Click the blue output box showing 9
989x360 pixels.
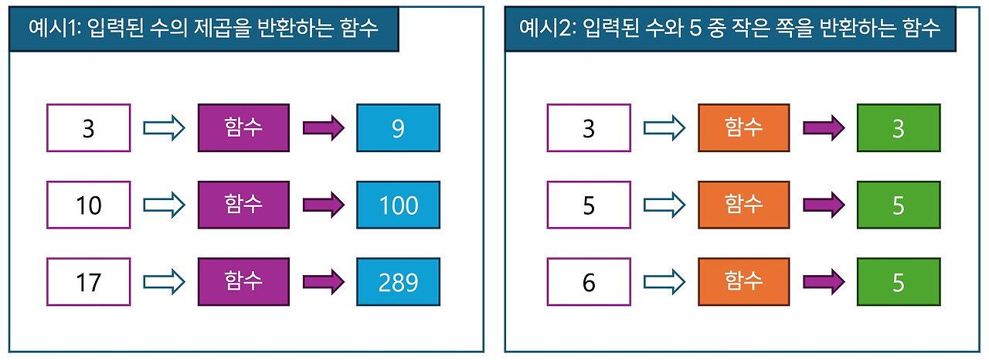click(398, 128)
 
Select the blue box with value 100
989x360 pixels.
click(398, 205)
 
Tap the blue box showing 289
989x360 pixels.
click(398, 282)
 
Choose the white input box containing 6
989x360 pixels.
click(588, 282)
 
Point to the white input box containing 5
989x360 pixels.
click(588, 205)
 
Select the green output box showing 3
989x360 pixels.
click(898, 128)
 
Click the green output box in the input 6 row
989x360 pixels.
click(898, 282)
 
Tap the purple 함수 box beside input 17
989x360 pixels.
click(243, 282)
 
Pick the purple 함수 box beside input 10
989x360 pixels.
click(243, 205)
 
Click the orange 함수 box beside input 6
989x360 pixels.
click(743, 282)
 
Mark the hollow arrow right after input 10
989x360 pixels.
click(165, 205)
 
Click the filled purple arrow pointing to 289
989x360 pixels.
click(323, 283)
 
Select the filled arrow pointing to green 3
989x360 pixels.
click(823, 128)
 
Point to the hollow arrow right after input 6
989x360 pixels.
click(664, 283)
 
